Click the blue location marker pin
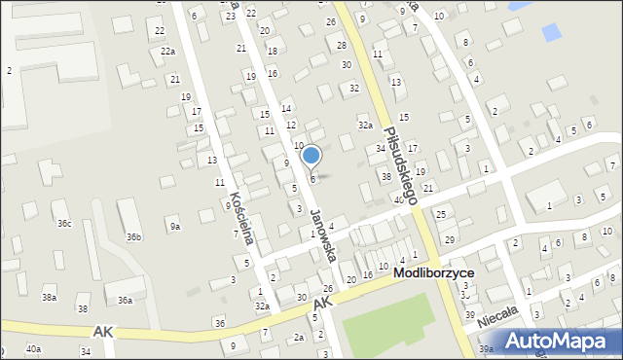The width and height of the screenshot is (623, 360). pyautogui.click(x=311, y=156)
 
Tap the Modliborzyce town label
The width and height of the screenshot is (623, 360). pyautogui.click(x=434, y=273)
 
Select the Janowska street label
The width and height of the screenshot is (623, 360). pyautogui.click(x=323, y=237)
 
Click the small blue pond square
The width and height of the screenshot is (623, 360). pyautogui.click(x=551, y=31)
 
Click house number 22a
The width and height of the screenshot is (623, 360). pyautogui.click(x=168, y=51)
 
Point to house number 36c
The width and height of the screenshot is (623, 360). pyautogui.click(x=64, y=224)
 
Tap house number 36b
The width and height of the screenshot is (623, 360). pyautogui.click(x=133, y=236)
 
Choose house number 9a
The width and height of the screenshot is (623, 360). pyautogui.click(x=174, y=227)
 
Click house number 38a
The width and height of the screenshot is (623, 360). pyautogui.click(x=48, y=297)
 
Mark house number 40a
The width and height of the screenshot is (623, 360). pyautogui.click(x=33, y=348)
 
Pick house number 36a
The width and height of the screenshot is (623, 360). pyautogui.click(x=125, y=301)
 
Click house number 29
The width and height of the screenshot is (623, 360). pyautogui.click(x=449, y=239)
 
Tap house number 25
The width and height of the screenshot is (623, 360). pyautogui.click(x=440, y=213)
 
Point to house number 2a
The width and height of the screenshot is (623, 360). pyautogui.click(x=298, y=337)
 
